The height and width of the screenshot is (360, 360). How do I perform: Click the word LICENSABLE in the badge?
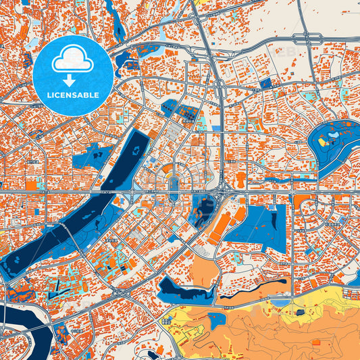point(74,95)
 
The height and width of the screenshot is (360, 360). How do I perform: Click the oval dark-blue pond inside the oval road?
point(174,186)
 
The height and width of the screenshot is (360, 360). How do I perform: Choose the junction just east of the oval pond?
point(223,195)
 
